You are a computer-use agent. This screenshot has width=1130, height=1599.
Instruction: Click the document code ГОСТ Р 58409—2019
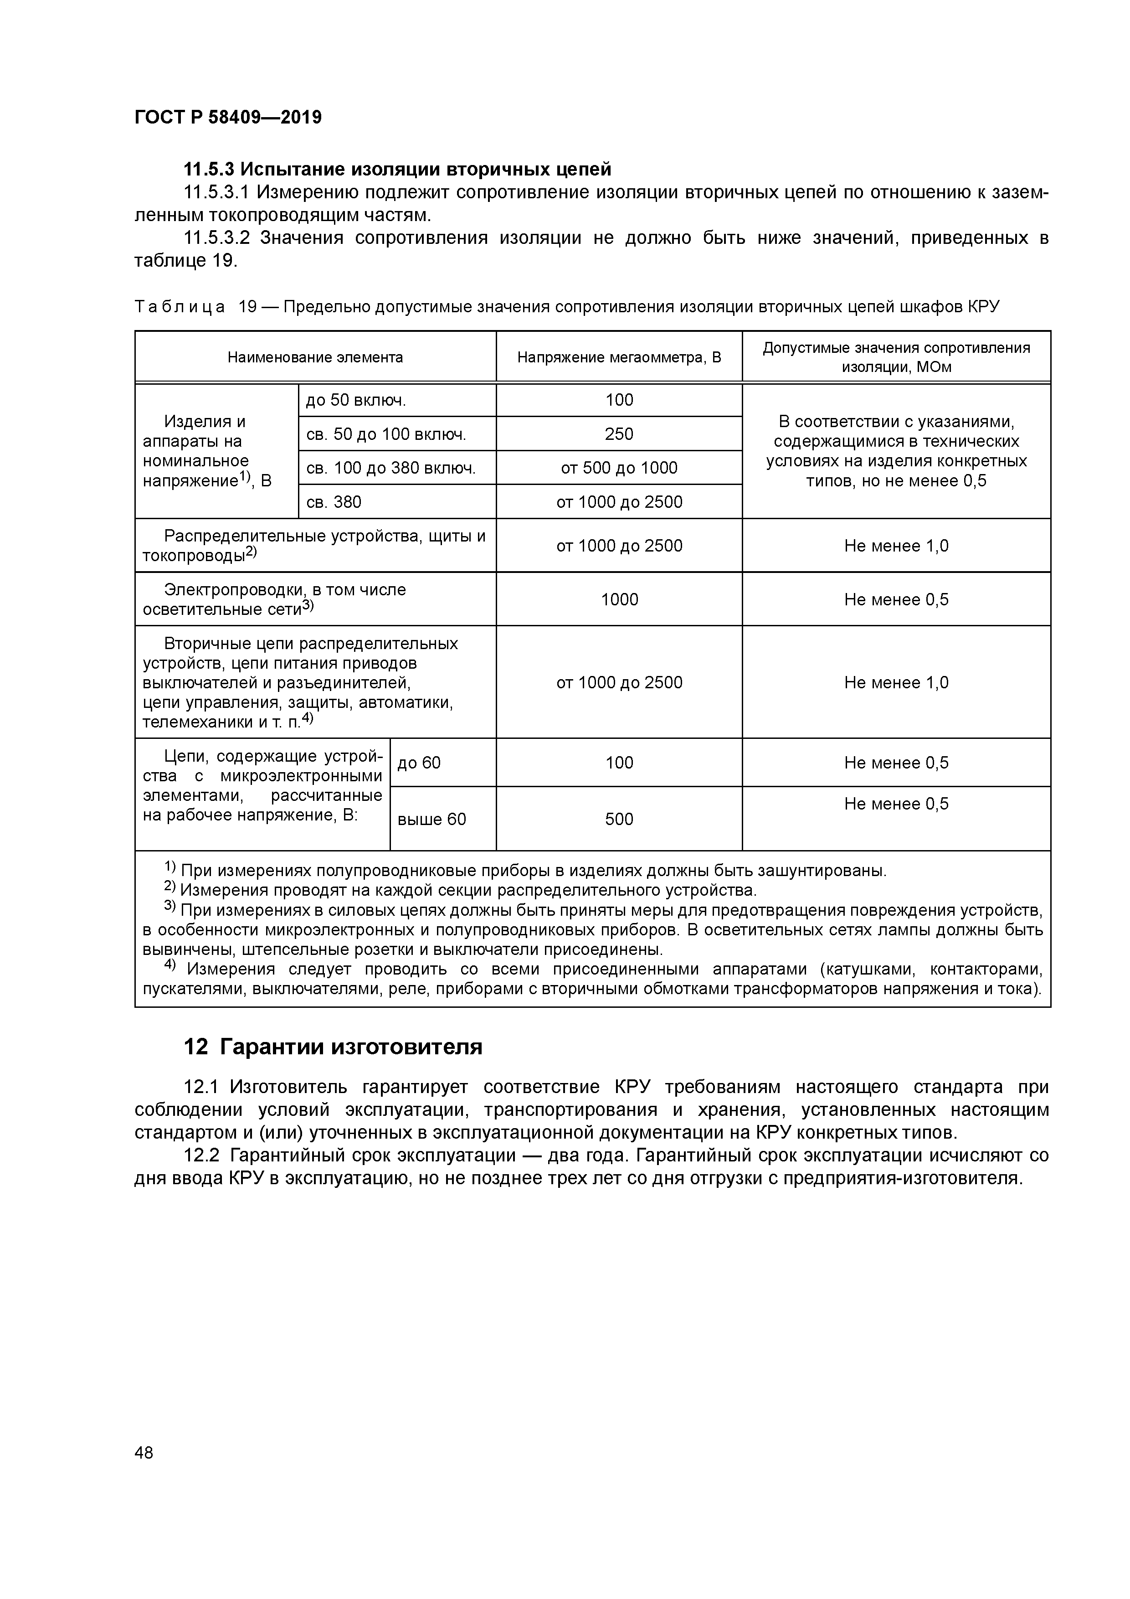tap(228, 117)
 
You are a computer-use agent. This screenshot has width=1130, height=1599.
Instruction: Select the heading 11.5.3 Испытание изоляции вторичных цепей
tap(397, 169)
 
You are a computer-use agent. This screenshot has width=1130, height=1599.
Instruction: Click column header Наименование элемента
tap(315, 357)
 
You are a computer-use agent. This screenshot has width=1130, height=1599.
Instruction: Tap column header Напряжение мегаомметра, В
tap(619, 357)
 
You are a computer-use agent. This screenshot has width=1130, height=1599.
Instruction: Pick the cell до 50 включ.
tap(356, 401)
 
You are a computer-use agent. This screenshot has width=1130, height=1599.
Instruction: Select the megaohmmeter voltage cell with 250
tap(619, 434)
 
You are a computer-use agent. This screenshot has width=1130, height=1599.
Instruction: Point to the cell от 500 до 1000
tap(619, 468)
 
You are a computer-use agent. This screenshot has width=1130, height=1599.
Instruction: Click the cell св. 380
tap(334, 502)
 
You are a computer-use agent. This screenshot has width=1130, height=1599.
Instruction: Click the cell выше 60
tap(431, 820)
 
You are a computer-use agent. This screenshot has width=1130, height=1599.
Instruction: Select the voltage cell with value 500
tap(619, 820)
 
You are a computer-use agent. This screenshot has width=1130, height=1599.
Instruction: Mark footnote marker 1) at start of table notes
tap(170, 868)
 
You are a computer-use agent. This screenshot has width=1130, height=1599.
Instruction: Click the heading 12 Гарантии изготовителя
tap(333, 1047)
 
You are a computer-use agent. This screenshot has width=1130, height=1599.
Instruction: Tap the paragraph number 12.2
tap(201, 1155)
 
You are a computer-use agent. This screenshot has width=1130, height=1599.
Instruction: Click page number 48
tap(144, 1453)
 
